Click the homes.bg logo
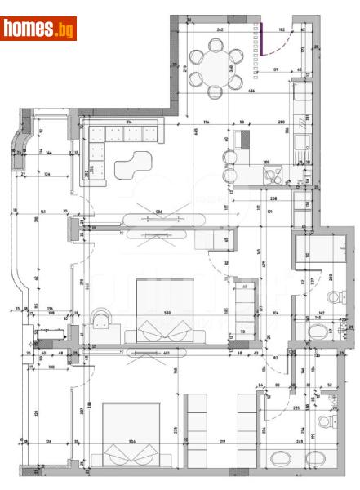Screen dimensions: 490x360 [38, 29]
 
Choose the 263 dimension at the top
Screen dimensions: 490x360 [220, 29]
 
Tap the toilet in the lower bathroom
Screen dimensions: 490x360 [324, 422]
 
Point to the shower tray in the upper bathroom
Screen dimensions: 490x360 [309, 246]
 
